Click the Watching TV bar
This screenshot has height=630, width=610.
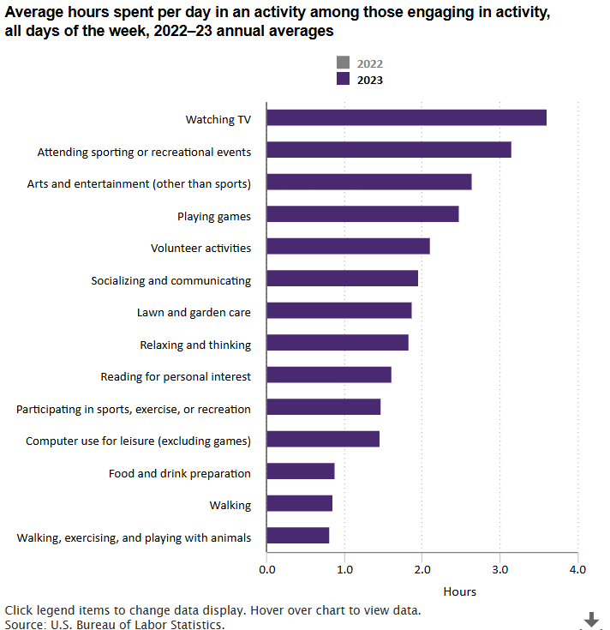(406, 117)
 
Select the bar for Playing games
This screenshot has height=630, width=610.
(362, 214)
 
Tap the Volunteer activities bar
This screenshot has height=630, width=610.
(348, 247)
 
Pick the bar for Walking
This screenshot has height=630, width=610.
(299, 503)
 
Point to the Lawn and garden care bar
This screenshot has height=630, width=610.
(338, 310)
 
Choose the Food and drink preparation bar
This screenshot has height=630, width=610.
(300, 471)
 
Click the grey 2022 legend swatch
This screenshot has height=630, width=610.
(344, 63)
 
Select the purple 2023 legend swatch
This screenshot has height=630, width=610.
(344, 80)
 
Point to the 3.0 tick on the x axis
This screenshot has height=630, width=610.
(499, 568)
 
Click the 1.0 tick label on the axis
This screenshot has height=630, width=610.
(344, 568)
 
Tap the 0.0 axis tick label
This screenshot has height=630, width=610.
(266, 568)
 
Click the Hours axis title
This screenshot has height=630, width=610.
(459, 591)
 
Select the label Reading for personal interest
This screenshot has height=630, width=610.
(176, 376)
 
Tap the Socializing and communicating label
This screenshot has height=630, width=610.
(171, 280)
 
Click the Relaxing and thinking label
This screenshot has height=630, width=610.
(195, 345)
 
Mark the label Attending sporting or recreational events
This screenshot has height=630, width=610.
(144, 152)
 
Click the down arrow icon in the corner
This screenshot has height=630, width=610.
(591, 619)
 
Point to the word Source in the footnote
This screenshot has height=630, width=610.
(24, 624)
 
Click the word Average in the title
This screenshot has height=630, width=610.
(34, 11)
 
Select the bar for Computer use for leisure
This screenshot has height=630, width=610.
(323, 439)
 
